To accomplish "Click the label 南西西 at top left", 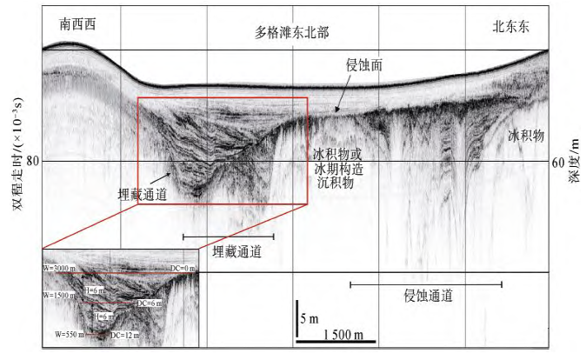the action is tap(77, 24).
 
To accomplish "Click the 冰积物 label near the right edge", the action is tap(526, 136).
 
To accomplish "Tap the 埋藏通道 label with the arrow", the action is tap(141, 195).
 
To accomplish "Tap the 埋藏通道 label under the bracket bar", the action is tap(238, 251).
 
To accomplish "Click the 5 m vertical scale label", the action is tap(309, 319).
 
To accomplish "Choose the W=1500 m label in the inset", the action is tap(61, 297).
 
